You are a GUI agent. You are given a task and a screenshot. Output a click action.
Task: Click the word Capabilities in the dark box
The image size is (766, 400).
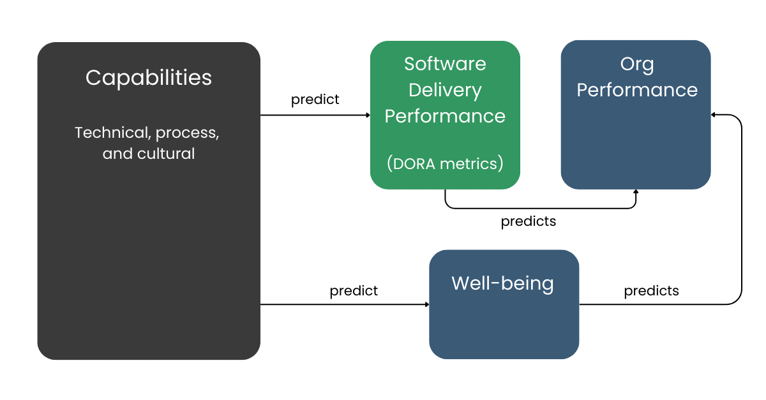[149, 78]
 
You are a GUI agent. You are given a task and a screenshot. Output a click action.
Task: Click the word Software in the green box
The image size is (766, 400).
[445, 64]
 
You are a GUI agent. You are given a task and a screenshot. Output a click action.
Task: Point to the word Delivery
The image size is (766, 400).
[445, 90]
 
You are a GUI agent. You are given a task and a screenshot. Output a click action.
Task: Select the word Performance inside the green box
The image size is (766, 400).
[445, 116]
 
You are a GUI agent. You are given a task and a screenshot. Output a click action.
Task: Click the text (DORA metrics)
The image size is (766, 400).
[445, 164]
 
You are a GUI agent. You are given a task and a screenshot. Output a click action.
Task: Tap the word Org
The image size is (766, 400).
[636, 64]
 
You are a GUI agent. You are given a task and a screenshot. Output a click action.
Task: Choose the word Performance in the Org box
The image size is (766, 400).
[636, 90]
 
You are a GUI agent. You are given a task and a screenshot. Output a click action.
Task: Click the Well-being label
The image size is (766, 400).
[502, 283]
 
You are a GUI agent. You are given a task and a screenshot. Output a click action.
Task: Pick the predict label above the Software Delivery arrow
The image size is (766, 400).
[315, 100]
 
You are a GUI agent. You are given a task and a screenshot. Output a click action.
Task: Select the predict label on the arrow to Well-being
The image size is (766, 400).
[354, 291]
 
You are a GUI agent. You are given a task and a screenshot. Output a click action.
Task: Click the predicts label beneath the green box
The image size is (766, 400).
[528, 221]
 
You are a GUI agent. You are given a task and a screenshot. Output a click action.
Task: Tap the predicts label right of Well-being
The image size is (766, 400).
[651, 291]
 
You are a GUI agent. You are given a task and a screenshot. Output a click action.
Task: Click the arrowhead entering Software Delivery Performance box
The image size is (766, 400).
[367, 115]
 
